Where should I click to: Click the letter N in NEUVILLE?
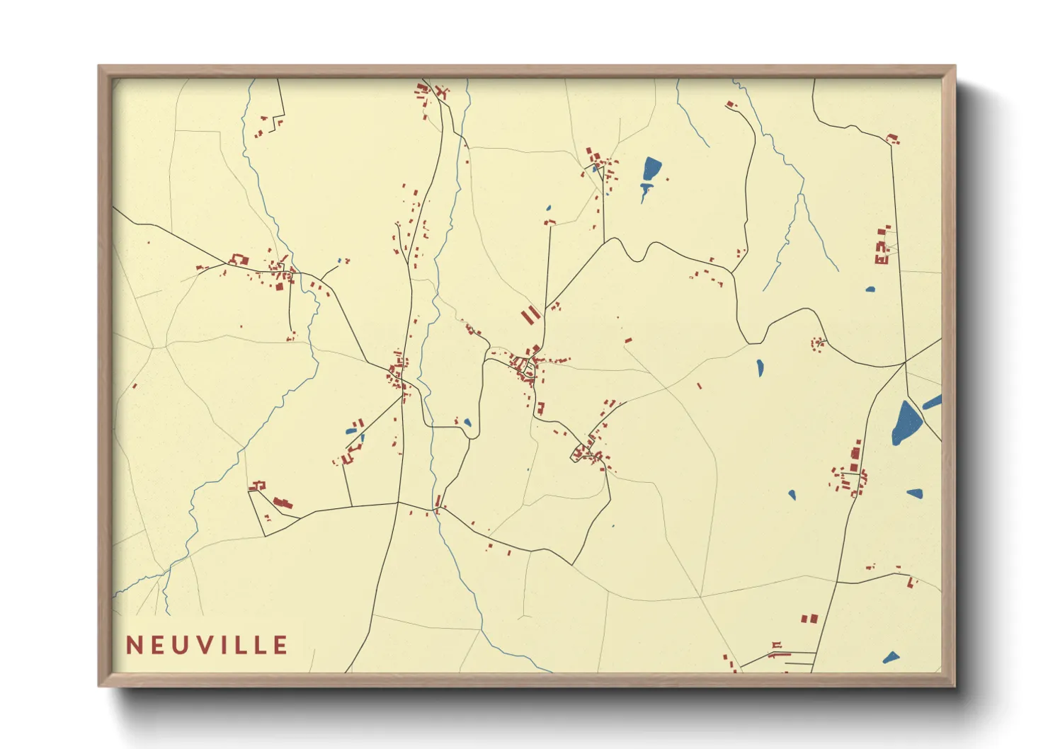coord(133,645)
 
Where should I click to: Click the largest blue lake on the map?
coord(906,423)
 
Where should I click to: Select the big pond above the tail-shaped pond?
coord(651,169)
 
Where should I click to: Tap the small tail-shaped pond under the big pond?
coord(645,190)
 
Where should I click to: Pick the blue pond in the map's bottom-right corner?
coord(891,658)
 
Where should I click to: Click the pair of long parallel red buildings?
coord(530,315)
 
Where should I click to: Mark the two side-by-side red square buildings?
coord(809,619)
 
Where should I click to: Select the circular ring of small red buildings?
coord(818,344)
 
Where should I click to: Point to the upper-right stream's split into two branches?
coord(802,193)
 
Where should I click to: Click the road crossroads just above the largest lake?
coord(906,362)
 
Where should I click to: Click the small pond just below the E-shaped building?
coord(870,289)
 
